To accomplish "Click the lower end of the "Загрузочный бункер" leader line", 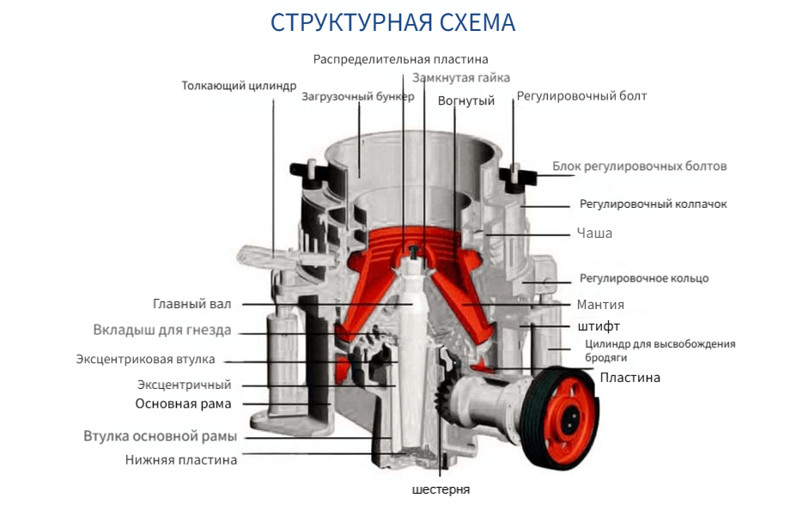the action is (359, 178).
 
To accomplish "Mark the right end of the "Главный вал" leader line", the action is (413, 304).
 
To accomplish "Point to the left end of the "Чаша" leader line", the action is (484, 234).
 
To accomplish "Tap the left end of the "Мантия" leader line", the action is (462, 304).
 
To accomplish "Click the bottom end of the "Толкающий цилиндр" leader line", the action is (273, 258).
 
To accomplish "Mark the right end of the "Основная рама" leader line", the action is (331, 404).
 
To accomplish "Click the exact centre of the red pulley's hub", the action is (569, 420).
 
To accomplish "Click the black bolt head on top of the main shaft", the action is (413, 251).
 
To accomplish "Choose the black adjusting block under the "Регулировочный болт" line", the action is (517, 179).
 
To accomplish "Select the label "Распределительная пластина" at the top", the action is (400, 59).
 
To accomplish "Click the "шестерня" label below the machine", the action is (441, 489).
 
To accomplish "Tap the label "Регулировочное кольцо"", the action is (644, 278).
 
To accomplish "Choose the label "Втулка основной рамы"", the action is (161, 436).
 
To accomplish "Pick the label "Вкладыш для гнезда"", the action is (162, 330).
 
